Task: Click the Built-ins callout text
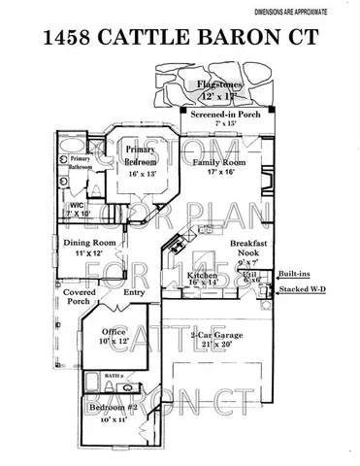pos(295,275)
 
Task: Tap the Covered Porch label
pos(78,296)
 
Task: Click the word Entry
pos(133,291)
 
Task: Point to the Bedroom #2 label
pos(109,412)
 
